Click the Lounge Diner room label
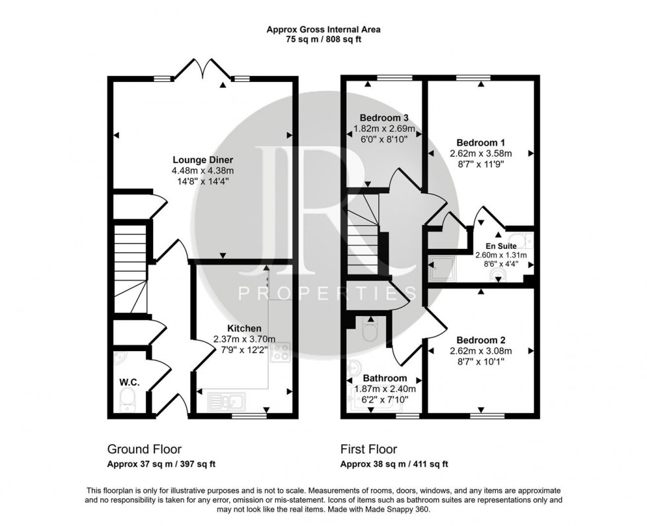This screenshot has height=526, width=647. (x=203, y=160)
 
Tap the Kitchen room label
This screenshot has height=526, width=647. (x=244, y=328)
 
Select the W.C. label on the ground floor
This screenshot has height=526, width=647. (x=128, y=381)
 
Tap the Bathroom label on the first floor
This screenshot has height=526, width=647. (x=384, y=378)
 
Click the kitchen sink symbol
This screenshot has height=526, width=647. (x=226, y=399)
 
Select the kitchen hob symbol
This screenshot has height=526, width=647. (x=281, y=352)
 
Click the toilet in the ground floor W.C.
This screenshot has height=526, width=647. (x=127, y=398)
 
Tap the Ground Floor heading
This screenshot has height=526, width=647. (x=144, y=449)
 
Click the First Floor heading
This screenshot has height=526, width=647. (x=368, y=449)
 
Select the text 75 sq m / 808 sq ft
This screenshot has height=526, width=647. (x=323, y=40)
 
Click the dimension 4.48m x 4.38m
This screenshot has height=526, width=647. (x=203, y=171)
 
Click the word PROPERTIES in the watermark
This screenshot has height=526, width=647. (x=327, y=293)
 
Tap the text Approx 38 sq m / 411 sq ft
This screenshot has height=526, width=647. (x=394, y=464)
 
